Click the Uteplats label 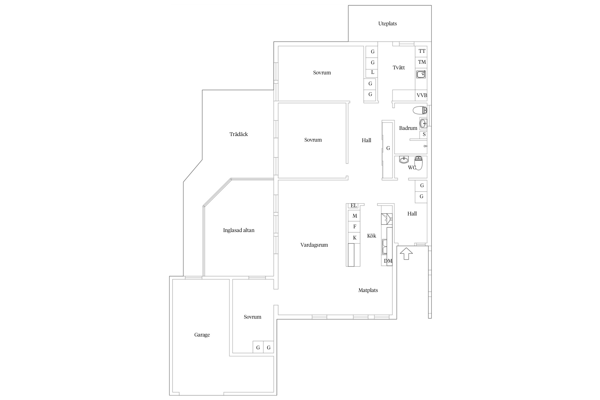click(x=387, y=24)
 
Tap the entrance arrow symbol click(x=406, y=254)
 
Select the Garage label click(x=202, y=335)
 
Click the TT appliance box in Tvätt click(x=421, y=51)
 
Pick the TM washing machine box click(x=421, y=62)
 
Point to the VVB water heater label click(x=422, y=95)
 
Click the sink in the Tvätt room click(x=421, y=74)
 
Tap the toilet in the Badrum click(x=420, y=110)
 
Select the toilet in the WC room click(x=418, y=163)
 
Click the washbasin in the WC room click(x=404, y=160)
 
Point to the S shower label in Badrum click(x=424, y=135)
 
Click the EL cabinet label click(x=354, y=206)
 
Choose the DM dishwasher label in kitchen click(x=388, y=261)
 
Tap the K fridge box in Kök click(x=354, y=238)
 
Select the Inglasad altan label click(x=239, y=230)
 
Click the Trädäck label click(x=239, y=134)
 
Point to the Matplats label click(x=368, y=290)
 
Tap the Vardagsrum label click(x=314, y=245)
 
